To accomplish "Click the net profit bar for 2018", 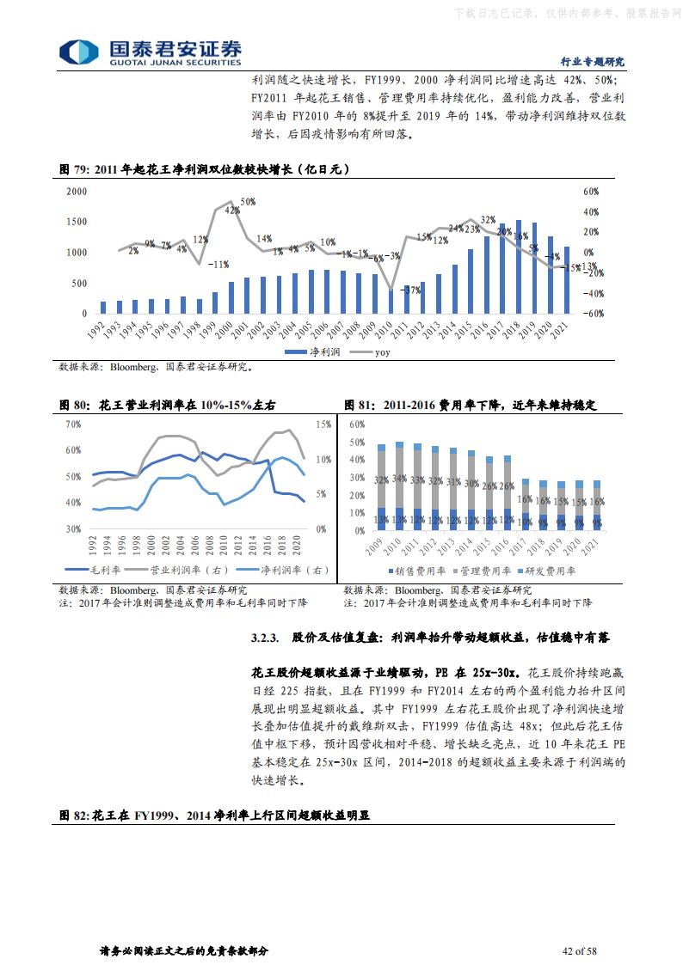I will pyautogui.click(x=519, y=267).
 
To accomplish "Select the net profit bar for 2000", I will pyautogui.click(x=231, y=297).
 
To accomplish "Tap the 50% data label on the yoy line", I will pyautogui.click(x=247, y=201).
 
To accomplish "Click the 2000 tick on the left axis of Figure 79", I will pyautogui.click(x=77, y=191).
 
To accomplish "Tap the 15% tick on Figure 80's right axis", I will pyautogui.click(x=323, y=424).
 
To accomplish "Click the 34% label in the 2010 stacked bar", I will pyautogui.click(x=399, y=479).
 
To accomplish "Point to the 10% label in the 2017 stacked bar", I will pyautogui.click(x=525, y=522).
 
